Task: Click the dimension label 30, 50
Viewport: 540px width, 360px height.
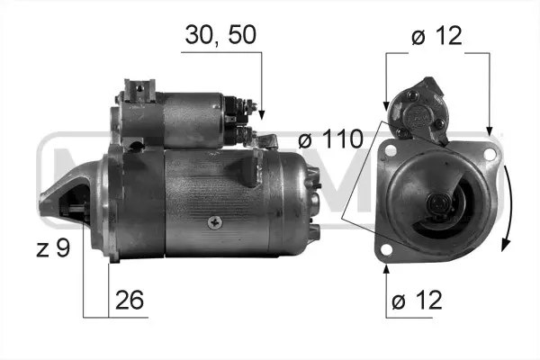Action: (220, 35)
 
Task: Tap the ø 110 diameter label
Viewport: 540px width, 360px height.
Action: (330, 139)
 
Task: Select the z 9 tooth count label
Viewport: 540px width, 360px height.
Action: (53, 248)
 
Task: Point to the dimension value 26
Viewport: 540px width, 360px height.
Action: (129, 300)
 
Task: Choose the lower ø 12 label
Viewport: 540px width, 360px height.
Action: (417, 300)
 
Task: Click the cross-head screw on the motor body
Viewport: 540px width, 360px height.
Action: (215, 223)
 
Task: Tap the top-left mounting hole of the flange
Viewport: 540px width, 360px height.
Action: (391, 150)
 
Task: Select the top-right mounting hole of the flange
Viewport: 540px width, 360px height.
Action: (489, 154)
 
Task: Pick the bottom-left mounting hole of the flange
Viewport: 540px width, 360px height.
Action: (387, 249)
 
